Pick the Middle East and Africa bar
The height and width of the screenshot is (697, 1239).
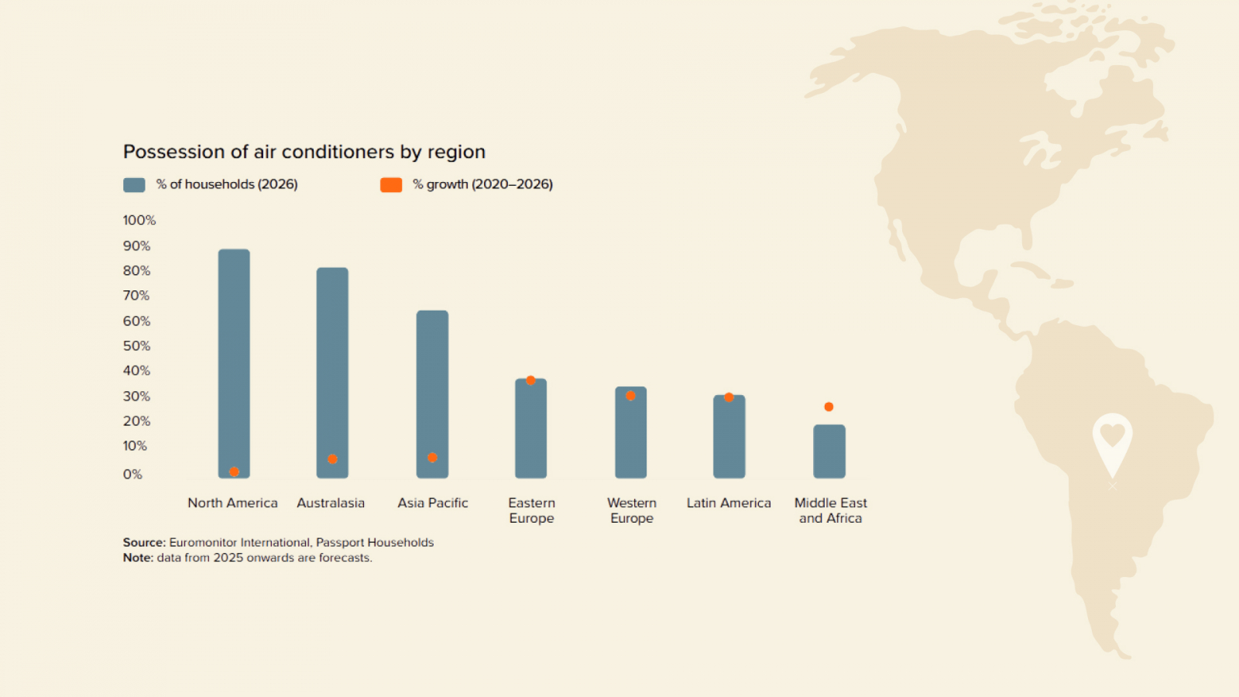[x=829, y=452]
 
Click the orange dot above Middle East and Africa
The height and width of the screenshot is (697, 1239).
[x=829, y=407]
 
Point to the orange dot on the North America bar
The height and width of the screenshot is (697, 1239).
[x=234, y=472]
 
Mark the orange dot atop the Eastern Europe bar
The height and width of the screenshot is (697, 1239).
[x=530, y=380]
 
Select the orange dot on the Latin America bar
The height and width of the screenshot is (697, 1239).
[x=729, y=397]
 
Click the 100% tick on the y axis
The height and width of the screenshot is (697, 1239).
[x=139, y=221]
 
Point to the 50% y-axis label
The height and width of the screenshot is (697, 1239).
[x=136, y=346]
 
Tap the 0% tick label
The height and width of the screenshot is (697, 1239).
[x=132, y=475]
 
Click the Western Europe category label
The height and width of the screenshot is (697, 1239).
[x=632, y=510]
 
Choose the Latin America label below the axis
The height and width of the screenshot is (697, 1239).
[x=729, y=503]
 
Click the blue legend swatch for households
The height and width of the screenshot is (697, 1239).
[x=134, y=185]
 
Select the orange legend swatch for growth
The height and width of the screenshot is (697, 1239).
[x=391, y=185]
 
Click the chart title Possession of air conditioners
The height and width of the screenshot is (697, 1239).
[x=304, y=152]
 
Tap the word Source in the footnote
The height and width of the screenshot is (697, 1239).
[x=143, y=543]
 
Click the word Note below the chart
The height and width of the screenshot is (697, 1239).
[x=138, y=558]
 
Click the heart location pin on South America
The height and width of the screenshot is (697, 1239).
[x=1112, y=438]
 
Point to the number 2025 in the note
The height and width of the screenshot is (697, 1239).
[x=228, y=558]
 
